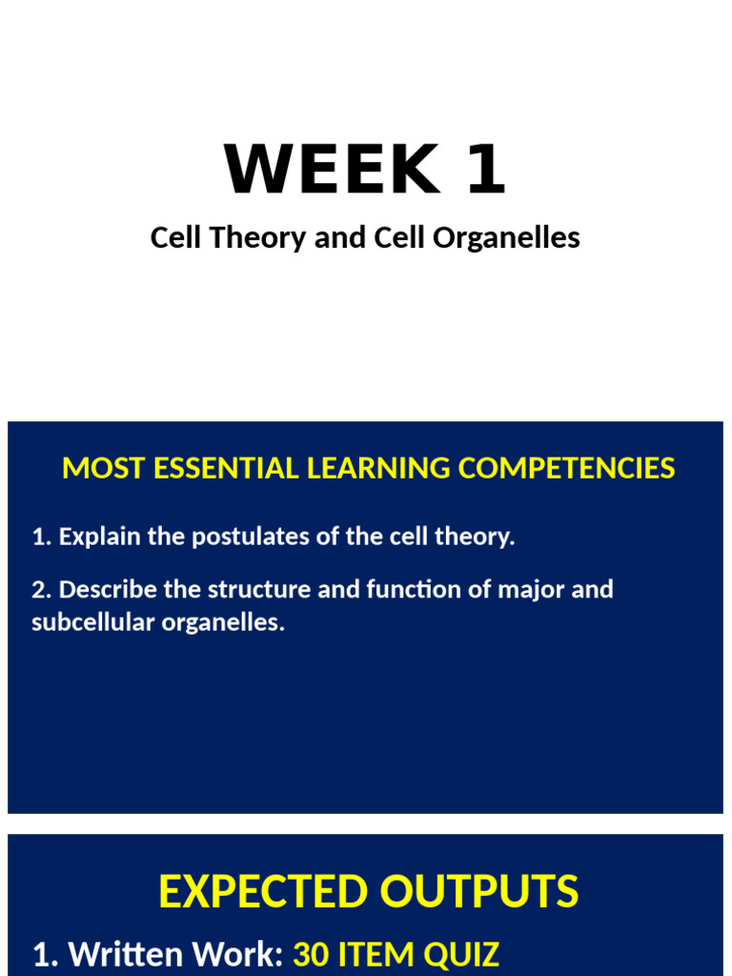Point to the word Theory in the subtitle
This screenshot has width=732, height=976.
coord(269,238)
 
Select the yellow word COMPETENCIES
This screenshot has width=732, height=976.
coord(566,468)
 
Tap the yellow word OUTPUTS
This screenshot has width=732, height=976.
coord(478,892)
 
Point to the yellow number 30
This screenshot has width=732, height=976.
coord(311,954)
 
